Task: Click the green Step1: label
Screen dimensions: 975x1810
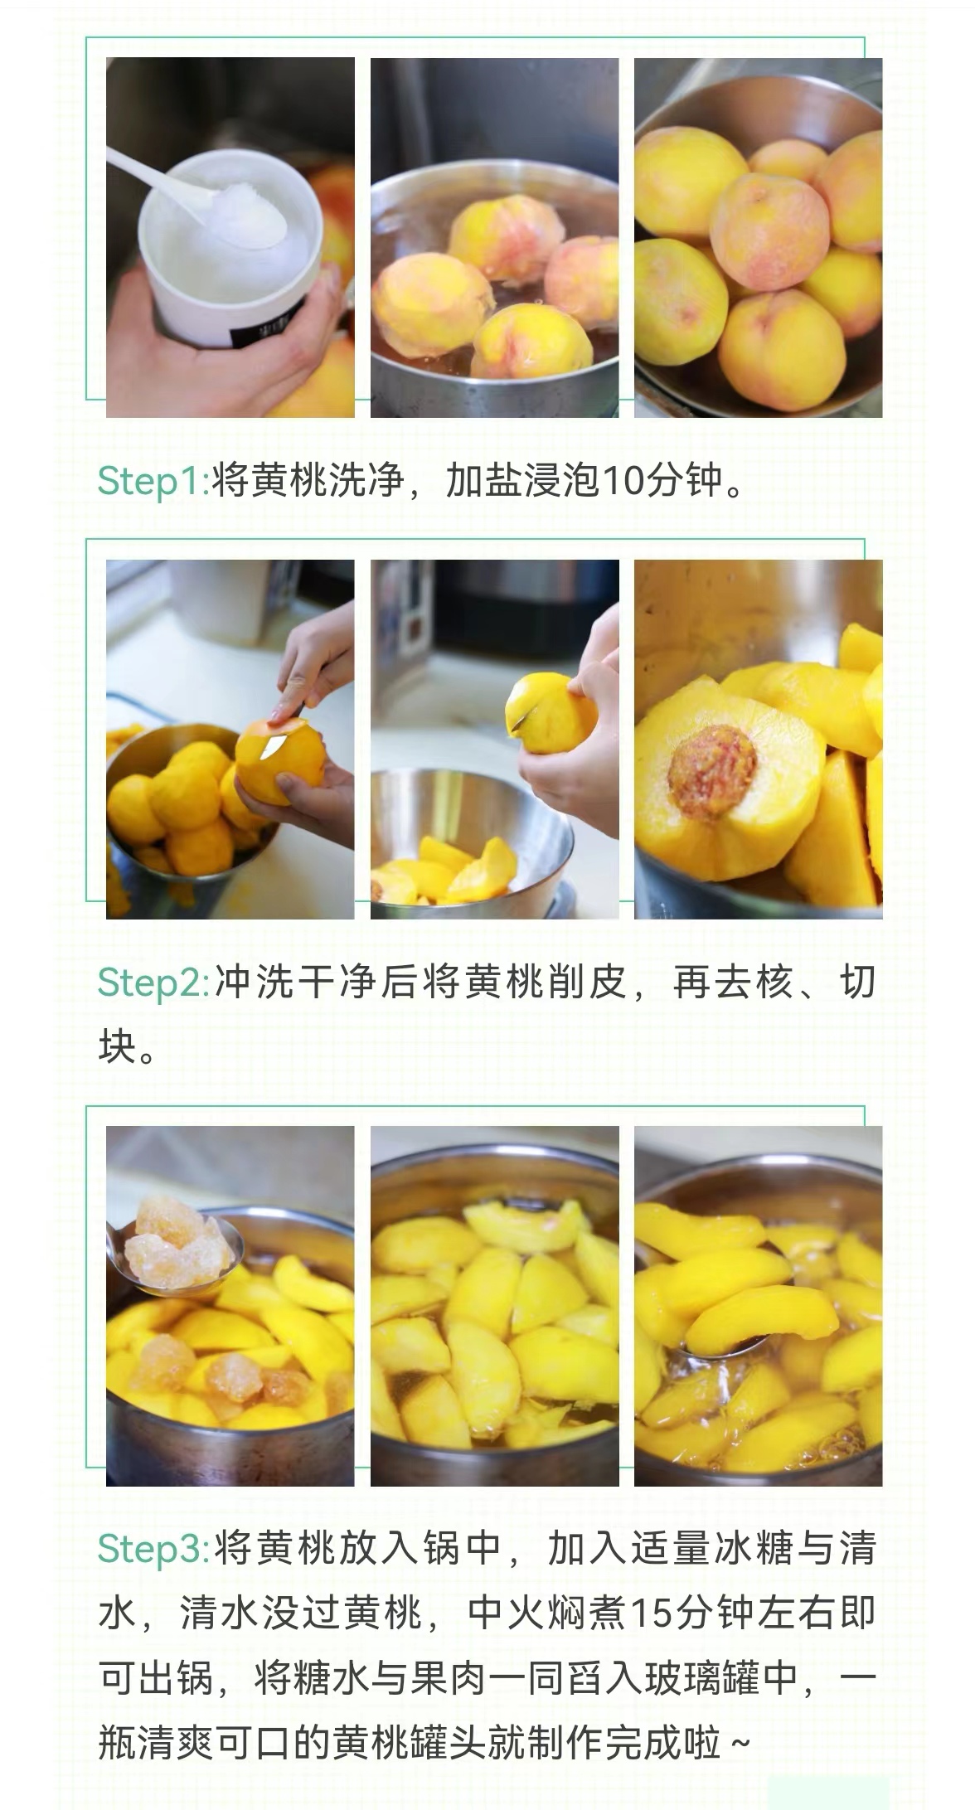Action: tap(153, 481)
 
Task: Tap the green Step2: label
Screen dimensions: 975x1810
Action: tap(153, 983)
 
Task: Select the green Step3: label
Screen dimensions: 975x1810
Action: tap(153, 1548)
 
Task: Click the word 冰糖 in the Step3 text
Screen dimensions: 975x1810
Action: tap(751, 1548)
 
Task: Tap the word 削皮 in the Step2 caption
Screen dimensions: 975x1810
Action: tap(586, 983)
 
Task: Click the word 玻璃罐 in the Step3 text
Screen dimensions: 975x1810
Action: tap(686, 1679)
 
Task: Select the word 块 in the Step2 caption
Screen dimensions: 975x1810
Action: tap(118, 1047)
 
